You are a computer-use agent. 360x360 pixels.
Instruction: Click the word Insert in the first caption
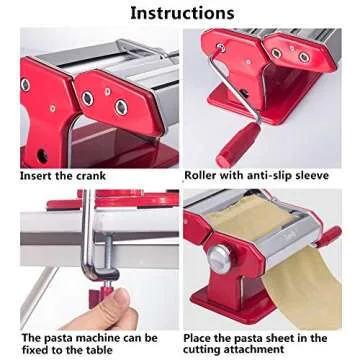40,175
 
